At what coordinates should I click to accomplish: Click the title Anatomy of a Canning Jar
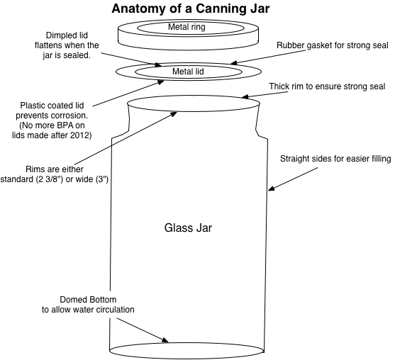(x=187, y=9)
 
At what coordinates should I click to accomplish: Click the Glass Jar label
(x=188, y=228)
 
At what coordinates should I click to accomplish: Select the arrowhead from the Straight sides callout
(x=271, y=189)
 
